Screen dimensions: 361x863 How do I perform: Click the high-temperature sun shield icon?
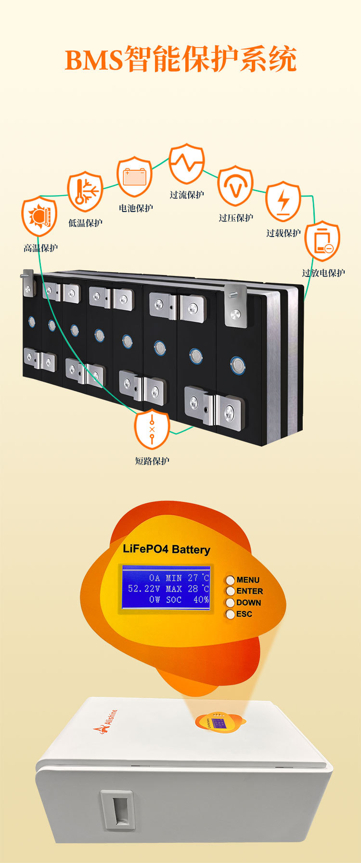click(x=39, y=216)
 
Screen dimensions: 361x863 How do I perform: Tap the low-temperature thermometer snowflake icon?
click(x=85, y=191)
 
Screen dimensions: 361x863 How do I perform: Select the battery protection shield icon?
click(x=135, y=176)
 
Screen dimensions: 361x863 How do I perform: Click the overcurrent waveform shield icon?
click(x=186, y=163)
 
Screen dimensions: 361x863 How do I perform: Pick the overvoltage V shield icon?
click(x=235, y=186)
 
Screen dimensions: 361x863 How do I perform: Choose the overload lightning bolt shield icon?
click(x=283, y=201)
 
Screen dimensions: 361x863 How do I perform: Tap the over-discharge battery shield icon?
click(x=322, y=241)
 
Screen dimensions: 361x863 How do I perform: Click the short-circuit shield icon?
click(x=152, y=429)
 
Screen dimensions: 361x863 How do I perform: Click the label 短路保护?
click(x=152, y=461)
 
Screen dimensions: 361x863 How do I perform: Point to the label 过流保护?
click(x=187, y=195)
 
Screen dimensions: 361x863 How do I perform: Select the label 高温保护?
click(x=40, y=248)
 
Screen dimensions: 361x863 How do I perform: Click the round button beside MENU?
click(x=231, y=580)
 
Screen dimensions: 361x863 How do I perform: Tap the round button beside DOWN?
click(x=231, y=602)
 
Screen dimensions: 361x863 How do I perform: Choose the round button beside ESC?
click(x=231, y=614)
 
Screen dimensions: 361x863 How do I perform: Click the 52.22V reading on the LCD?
click(x=144, y=588)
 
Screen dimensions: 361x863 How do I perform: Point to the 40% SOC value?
click(x=201, y=600)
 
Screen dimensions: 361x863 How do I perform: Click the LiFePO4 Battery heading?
click(x=167, y=549)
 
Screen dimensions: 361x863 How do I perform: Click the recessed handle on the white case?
click(x=117, y=810)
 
